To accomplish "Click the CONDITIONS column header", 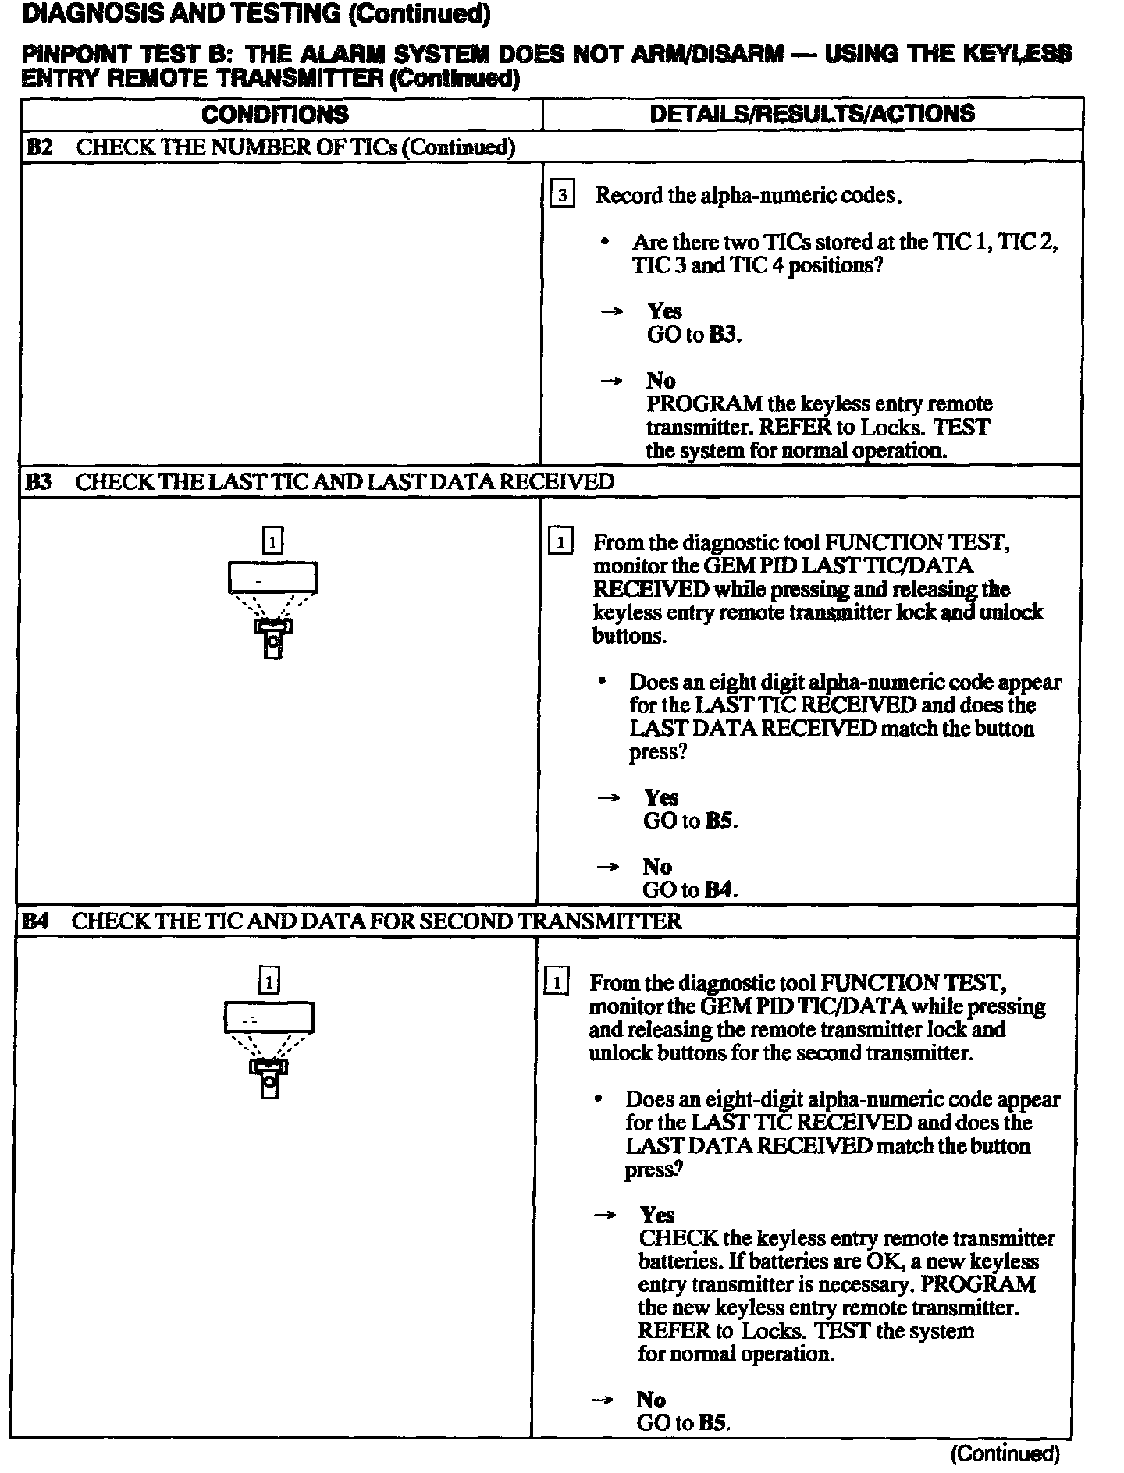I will pyautogui.click(x=275, y=115).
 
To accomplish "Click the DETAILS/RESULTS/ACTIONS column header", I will pyautogui.click(x=812, y=114).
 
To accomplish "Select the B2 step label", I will pyautogui.click(x=39, y=147).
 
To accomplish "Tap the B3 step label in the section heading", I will pyautogui.click(x=38, y=481).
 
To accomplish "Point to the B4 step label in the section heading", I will pyautogui.click(x=35, y=921).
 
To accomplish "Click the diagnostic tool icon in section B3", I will pyautogui.click(x=272, y=609).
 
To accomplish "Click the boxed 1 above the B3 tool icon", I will pyautogui.click(x=272, y=541).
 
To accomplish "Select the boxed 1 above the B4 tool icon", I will pyautogui.click(x=269, y=981).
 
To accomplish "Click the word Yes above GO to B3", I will pyautogui.click(x=664, y=311).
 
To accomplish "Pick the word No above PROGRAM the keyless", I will pyautogui.click(x=660, y=381).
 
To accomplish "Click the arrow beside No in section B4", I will pyautogui.click(x=603, y=1400).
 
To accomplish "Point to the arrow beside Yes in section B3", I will pyautogui.click(x=608, y=797).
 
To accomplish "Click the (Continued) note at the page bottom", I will pyautogui.click(x=1005, y=1453).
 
